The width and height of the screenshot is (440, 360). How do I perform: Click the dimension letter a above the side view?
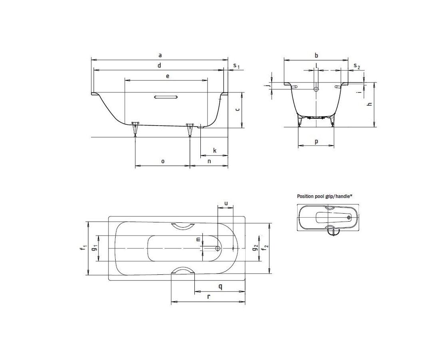tap(160, 55)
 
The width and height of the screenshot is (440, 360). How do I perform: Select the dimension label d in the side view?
tap(159, 65)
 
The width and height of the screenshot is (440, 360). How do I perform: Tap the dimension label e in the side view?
tap(168, 76)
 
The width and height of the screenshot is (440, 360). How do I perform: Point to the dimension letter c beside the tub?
tap(237, 109)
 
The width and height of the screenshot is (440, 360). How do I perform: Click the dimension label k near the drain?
tap(215, 151)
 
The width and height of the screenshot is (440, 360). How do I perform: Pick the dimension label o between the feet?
tap(163, 161)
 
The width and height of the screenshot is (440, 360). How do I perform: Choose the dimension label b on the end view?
tap(316, 55)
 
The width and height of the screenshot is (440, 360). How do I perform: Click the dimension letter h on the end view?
tap(370, 104)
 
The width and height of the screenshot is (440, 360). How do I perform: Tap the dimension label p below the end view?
tap(316, 142)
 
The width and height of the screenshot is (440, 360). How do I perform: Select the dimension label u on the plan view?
tap(226, 203)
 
